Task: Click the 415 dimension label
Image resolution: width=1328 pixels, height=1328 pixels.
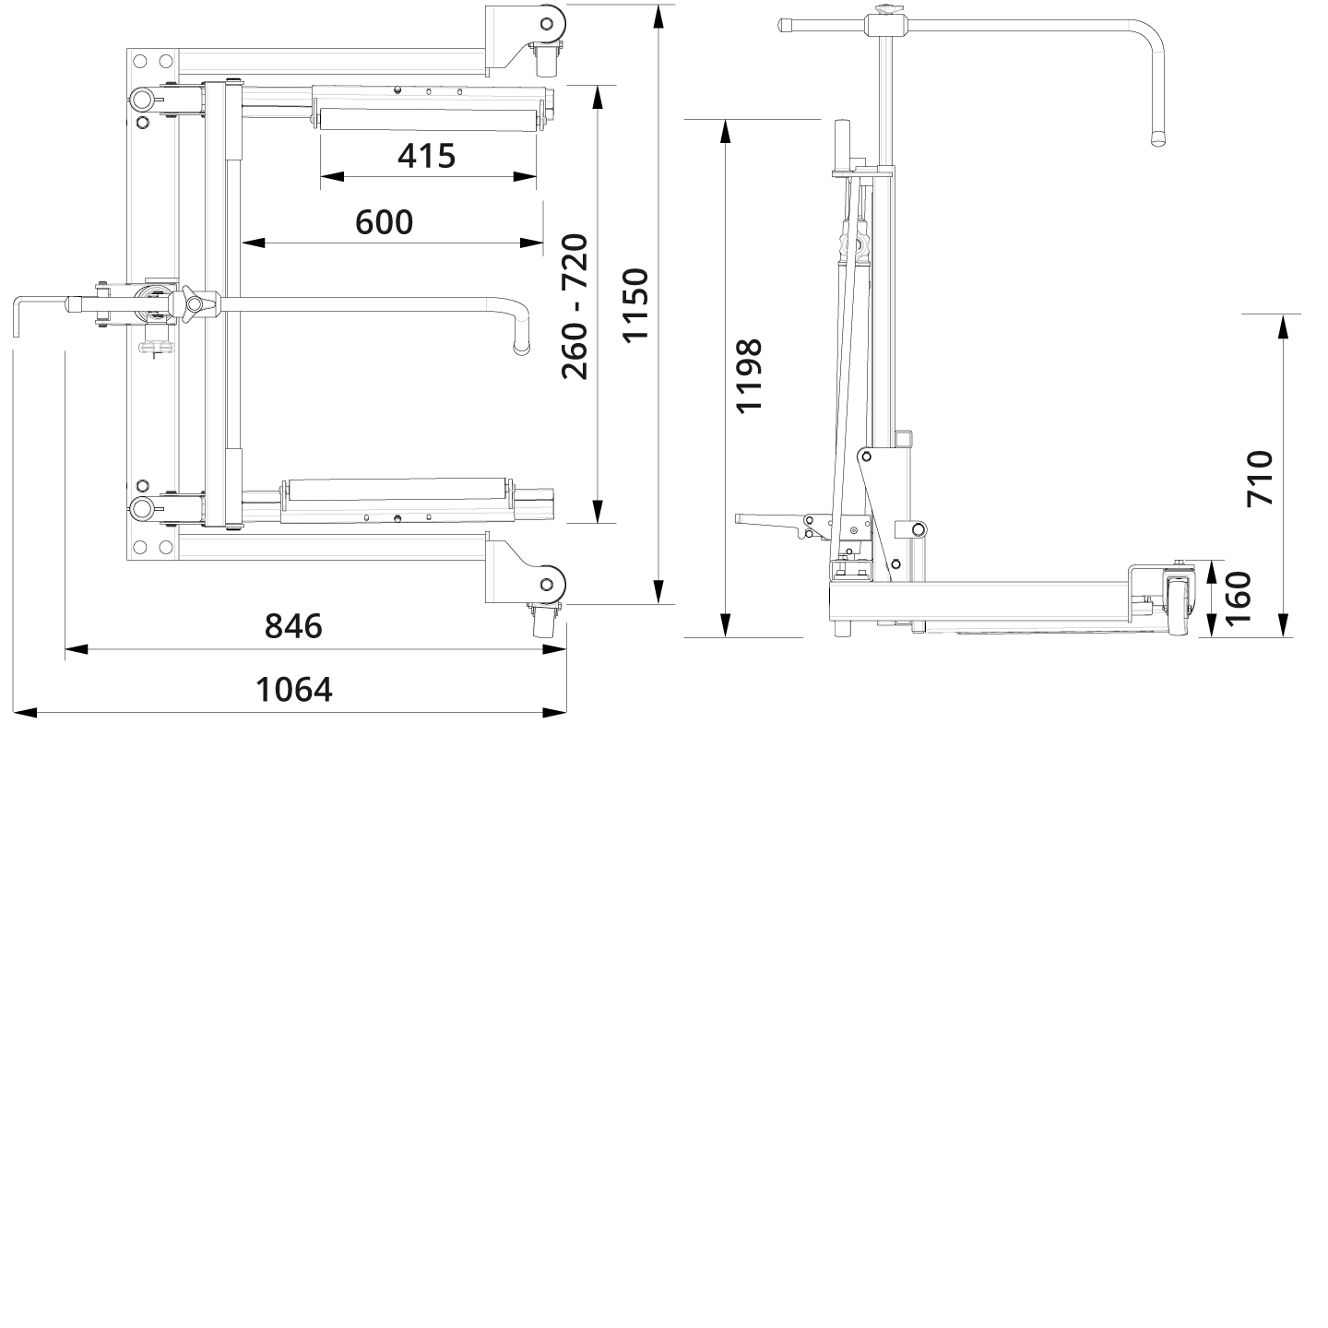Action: tap(426, 156)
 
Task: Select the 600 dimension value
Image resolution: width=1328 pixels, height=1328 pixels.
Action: tap(385, 222)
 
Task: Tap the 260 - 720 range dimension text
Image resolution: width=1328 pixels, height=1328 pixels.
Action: tap(575, 306)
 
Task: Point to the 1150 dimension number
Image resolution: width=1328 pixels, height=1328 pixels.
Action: tap(634, 304)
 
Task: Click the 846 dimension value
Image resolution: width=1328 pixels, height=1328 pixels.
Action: tap(293, 626)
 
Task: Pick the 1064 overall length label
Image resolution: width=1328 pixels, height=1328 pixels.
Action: tap(293, 689)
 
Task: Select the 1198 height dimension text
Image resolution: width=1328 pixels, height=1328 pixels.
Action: tap(749, 376)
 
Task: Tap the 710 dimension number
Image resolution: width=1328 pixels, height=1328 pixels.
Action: tap(1260, 478)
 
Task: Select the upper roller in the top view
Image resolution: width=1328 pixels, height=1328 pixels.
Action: tap(426, 119)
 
